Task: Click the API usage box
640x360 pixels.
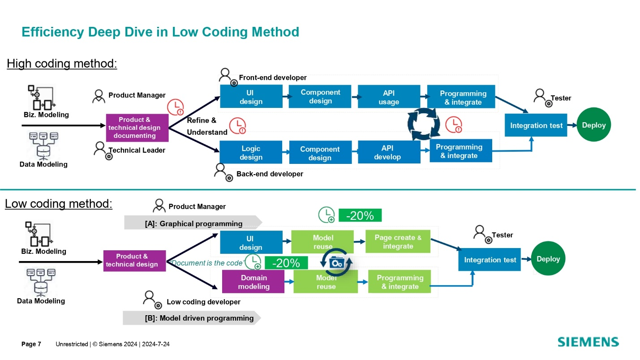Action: point(389,97)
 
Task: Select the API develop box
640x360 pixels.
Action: point(389,152)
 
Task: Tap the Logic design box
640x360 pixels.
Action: point(251,153)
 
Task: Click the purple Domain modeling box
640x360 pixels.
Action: point(253,282)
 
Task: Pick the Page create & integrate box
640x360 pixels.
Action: point(398,242)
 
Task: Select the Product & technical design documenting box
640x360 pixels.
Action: point(137,128)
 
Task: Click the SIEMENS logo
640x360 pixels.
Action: point(588,342)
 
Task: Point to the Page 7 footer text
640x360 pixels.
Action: point(31,344)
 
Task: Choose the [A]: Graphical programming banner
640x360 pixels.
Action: point(193,223)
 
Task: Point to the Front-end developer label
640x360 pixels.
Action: point(273,78)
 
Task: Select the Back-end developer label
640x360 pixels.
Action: point(270,174)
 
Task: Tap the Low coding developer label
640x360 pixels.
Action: point(203,302)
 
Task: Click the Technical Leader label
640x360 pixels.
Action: point(137,150)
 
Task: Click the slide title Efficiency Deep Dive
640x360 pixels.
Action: point(160,32)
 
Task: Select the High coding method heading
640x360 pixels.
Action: point(62,64)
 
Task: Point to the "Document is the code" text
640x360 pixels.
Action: point(206,263)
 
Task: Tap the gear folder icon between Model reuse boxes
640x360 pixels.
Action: point(336,263)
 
